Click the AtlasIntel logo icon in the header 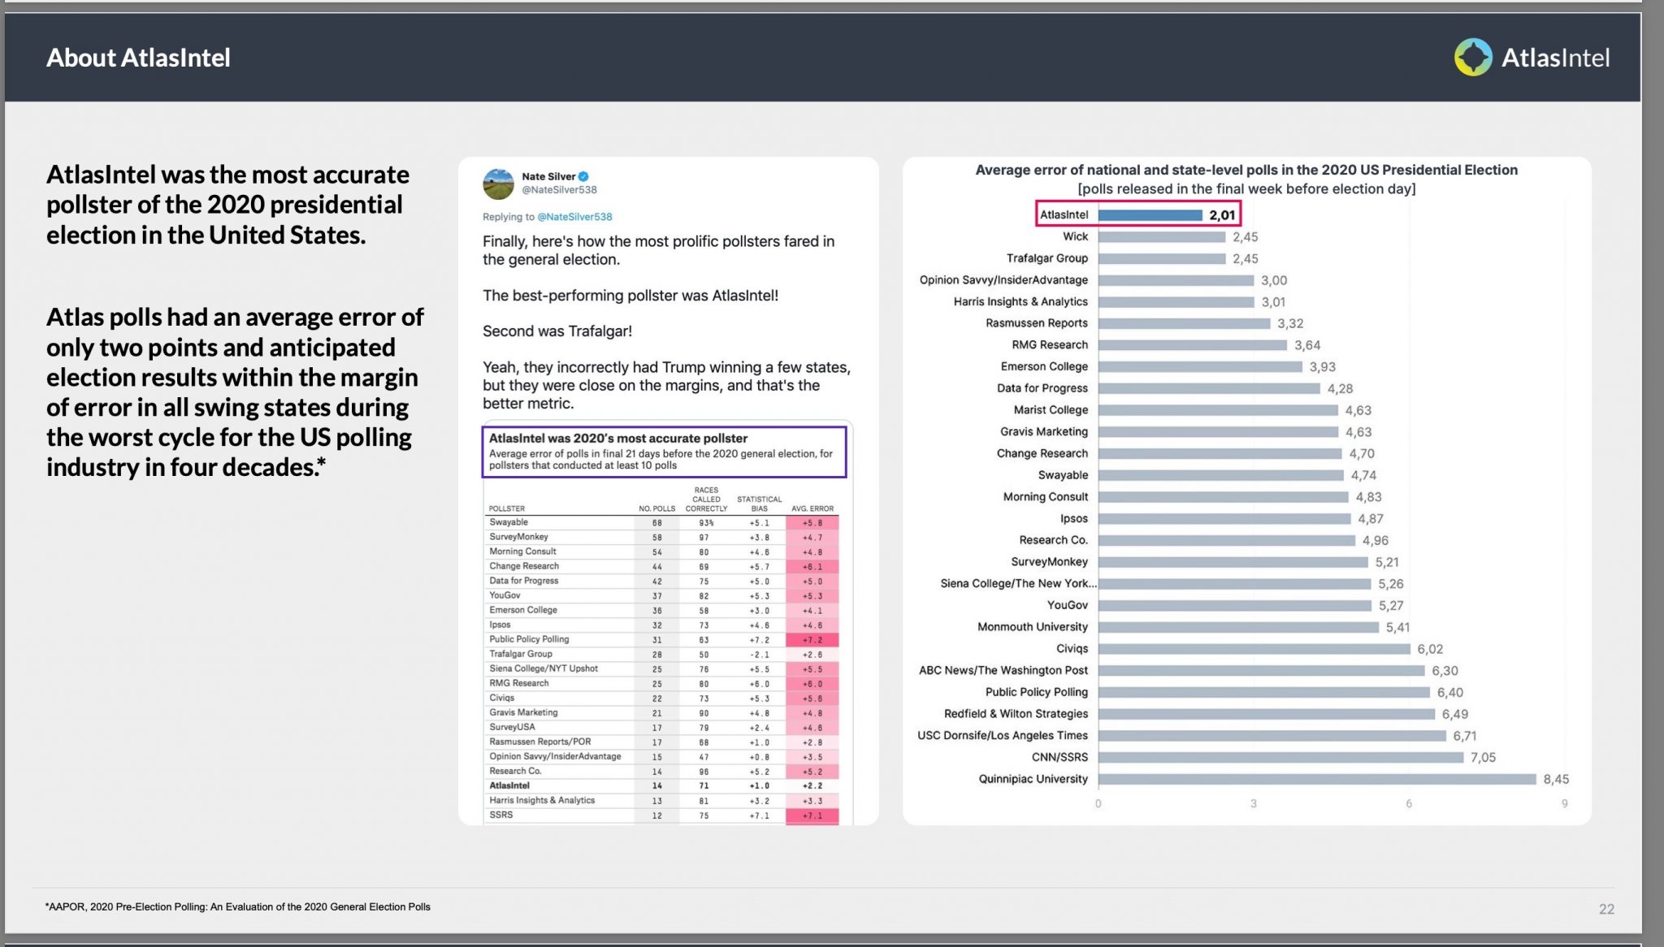pyautogui.click(x=1473, y=58)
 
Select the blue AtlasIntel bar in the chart pyautogui.click(x=1150, y=215)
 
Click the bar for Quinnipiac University pyautogui.click(x=1317, y=779)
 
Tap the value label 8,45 pyautogui.click(x=1556, y=779)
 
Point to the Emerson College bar pyautogui.click(x=1200, y=367)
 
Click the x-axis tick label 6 pyautogui.click(x=1409, y=803)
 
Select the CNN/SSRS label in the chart pyautogui.click(x=1059, y=757)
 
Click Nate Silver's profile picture pyautogui.click(x=498, y=184)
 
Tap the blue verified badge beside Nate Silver pyautogui.click(x=583, y=176)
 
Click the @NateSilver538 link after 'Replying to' pyautogui.click(x=575, y=217)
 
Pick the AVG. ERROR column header pyautogui.click(x=812, y=508)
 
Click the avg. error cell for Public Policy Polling pyautogui.click(x=812, y=640)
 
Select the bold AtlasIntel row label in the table pyautogui.click(x=509, y=785)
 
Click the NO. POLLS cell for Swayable pyautogui.click(x=656, y=523)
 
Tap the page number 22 pyautogui.click(x=1606, y=909)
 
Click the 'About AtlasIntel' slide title pyautogui.click(x=138, y=58)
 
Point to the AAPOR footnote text pyautogui.click(x=238, y=906)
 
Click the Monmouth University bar pyautogui.click(x=1238, y=627)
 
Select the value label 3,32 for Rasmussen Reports pyautogui.click(x=1290, y=323)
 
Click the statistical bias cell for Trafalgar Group pyautogui.click(x=759, y=655)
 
